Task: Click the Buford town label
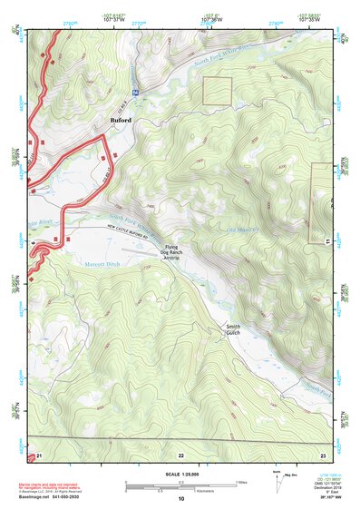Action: (x=121, y=119)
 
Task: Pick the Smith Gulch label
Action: (x=233, y=328)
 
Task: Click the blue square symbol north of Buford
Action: (x=135, y=92)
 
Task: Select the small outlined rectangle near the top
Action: (x=218, y=90)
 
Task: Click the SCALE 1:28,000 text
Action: (x=180, y=475)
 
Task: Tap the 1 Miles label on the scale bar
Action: (x=238, y=482)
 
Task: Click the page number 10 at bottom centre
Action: (x=180, y=500)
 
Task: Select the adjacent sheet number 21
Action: (x=39, y=455)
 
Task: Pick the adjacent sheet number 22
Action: (x=180, y=455)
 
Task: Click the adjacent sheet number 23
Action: (x=322, y=455)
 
